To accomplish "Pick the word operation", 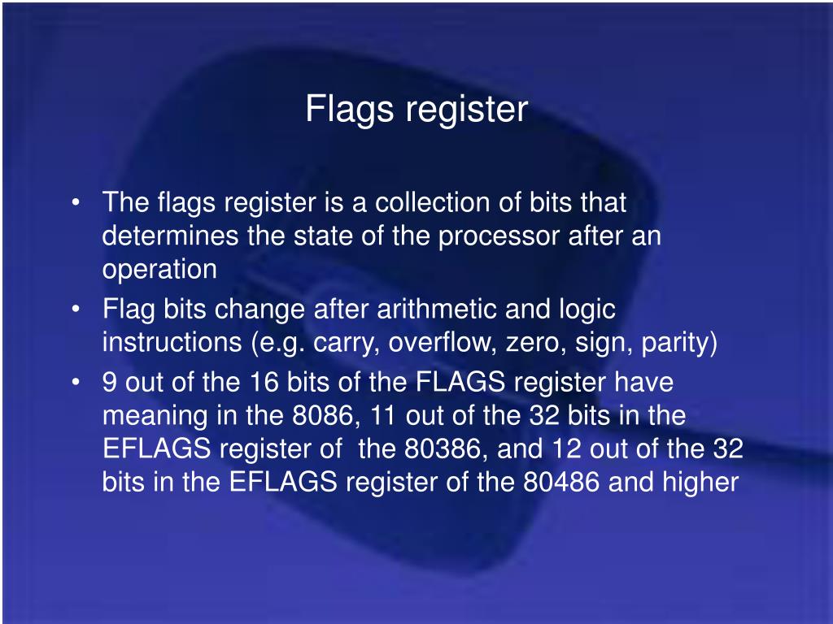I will click(x=159, y=270).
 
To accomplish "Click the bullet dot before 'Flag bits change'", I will click(x=76, y=310).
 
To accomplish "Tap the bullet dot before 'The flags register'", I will click(x=76, y=203).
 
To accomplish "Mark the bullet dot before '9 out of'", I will click(x=76, y=383).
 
